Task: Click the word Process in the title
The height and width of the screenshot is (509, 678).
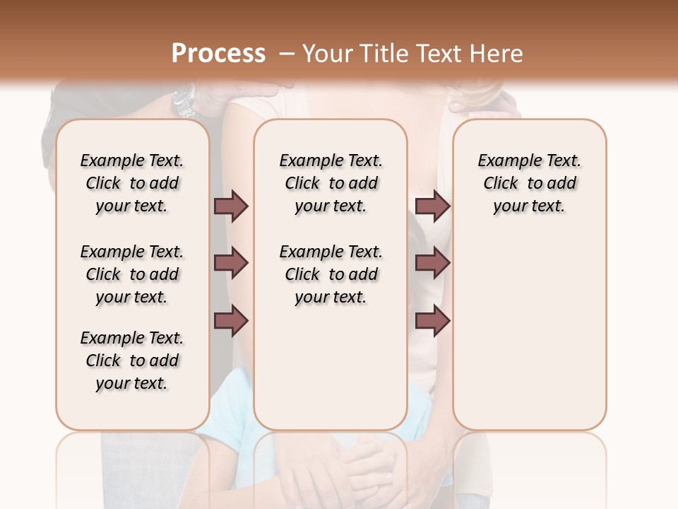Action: [x=218, y=54]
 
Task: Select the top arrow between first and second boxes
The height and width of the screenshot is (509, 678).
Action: [x=231, y=206]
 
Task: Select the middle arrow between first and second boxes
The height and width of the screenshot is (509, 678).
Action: [x=231, y=263]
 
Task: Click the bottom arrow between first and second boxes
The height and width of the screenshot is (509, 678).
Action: [x=231, y=320]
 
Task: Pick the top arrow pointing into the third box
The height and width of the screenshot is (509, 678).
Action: [x=432, y=206]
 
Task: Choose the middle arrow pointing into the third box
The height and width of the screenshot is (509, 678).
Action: [x=432, y=263]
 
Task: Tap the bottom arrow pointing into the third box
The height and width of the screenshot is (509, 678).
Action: [x=432, y=320]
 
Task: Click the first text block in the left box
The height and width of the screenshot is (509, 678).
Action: [x=132, y=183]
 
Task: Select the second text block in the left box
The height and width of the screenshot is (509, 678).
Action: [x=132, y=274]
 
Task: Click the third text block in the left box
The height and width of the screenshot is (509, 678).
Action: [x=132, y=361]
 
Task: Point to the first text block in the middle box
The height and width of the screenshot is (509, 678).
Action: [x=331, y=183]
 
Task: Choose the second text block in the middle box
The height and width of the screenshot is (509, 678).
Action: [x=331, y=274]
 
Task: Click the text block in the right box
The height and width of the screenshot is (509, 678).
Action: [x=529, y=183]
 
